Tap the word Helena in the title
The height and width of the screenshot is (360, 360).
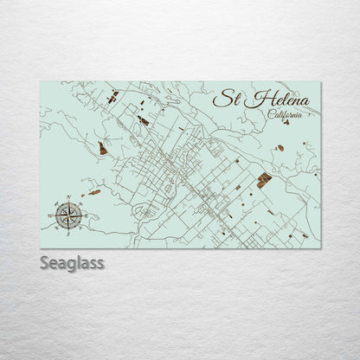pos(276,100)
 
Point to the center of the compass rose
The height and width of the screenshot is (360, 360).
pos(68,213)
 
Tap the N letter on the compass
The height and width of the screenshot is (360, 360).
pos(68,198)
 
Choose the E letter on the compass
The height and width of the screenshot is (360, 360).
pos(83,213)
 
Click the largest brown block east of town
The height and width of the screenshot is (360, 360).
pos(263,180)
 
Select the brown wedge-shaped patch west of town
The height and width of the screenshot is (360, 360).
pos(103,149)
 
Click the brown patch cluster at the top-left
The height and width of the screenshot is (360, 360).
pos(112,96)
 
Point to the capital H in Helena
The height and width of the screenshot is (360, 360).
pos(250,99)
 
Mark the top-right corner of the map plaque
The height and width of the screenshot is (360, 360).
pos(320,82)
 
